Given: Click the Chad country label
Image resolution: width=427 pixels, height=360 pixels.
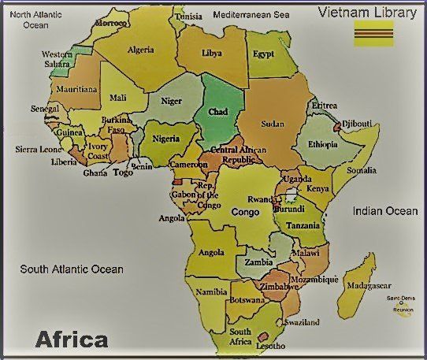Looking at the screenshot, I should pos(217,112).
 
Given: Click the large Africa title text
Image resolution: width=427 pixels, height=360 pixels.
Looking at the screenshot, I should pos(72,340).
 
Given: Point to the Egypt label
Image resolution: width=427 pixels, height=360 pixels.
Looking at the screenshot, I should pos(264,54).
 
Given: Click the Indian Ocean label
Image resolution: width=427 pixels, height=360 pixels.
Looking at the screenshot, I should pos(385,211).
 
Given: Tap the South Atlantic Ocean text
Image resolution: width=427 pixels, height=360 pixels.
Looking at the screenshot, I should pos(72,269).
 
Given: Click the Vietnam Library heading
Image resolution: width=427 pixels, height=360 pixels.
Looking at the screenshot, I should pos(369,11).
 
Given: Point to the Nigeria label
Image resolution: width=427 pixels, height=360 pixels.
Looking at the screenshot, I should pos(166,139).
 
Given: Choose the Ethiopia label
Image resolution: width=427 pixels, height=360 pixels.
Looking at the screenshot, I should pos(323,145).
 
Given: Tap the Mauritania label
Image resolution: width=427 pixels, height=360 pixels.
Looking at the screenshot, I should pos(76,90).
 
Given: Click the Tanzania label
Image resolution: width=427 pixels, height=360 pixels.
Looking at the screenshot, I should pos(303,225).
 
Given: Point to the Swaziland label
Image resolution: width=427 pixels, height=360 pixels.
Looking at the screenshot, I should pos(303,323).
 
